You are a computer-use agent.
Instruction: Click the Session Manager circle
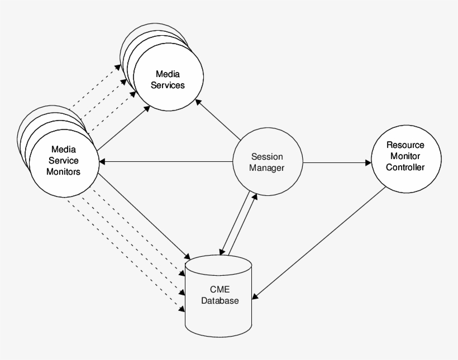click(267, 162)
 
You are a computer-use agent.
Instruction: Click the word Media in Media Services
click(168, 74)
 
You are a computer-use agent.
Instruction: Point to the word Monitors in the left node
click(63, 171)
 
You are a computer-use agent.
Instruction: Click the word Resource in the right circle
click(405, 145)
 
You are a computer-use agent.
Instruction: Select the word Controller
click(405, 167)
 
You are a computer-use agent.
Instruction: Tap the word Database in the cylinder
click(220, 301)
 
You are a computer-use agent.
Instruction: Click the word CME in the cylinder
click(220, 290)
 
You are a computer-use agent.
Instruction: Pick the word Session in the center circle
click(267, 157)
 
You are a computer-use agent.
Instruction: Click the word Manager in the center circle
click(267, 168)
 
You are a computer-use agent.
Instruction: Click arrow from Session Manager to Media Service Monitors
click(168, 162)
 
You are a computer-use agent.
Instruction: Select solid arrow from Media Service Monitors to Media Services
click(124, 128)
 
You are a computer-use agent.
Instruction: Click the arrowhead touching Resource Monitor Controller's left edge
click(368, 163)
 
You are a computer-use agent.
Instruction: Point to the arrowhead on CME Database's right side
click(255, 296)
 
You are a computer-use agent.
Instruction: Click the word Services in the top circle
click(168, 85)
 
